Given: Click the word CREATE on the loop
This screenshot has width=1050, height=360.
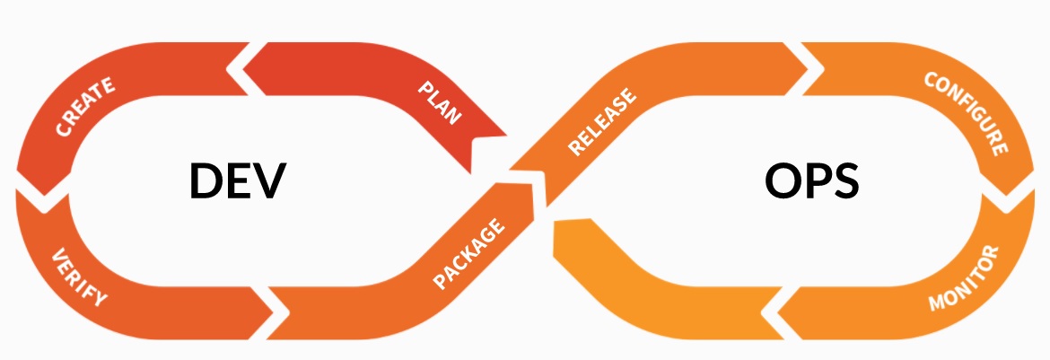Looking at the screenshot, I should tap(85, 108).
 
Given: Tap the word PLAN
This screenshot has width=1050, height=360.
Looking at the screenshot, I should tap(441, 102).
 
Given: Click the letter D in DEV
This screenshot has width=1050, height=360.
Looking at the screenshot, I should tap(206, 182).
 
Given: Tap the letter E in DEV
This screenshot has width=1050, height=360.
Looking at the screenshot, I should tap(240, 182).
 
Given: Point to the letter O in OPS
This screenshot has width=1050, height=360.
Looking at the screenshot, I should tap(783, 182).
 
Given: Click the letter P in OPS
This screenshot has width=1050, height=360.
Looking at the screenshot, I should tap(817, 182).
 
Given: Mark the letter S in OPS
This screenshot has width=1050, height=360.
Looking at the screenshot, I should tap(844, 182).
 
